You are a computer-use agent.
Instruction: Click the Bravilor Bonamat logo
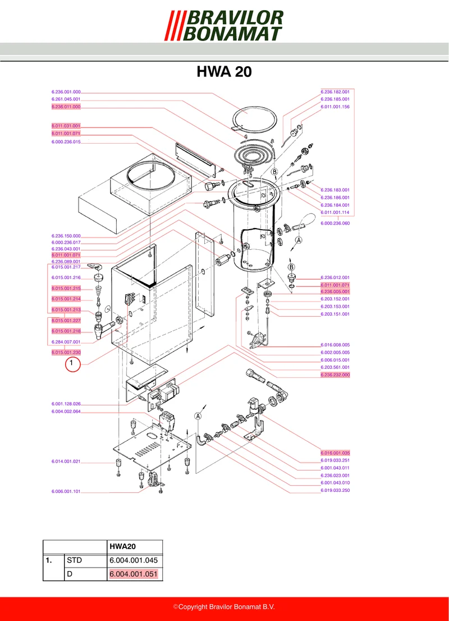[x=224, y=26]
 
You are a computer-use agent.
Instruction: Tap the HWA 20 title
[x=224, y=72]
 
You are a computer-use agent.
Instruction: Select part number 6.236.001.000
[x=66, y=92]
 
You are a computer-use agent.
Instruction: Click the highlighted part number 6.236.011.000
[x=66, y=107]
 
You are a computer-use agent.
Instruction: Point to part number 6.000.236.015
[x=66, y=142]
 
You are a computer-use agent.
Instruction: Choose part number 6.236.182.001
[x=335, y=92]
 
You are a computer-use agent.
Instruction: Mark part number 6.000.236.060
[x=335, y=223]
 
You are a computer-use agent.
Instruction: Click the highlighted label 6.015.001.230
[x=66, y=353]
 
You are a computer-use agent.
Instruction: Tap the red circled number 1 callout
[x=73, y=364]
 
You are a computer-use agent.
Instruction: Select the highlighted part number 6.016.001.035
[x=335, y=453]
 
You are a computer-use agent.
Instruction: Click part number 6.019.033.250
[x=335, y=490]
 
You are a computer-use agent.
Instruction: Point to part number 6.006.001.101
[x=66, y=491]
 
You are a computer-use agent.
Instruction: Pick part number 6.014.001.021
[x=66, y=462]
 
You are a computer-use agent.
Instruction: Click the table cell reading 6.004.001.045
[x=134, y=560]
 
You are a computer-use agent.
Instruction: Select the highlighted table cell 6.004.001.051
[x=134, y=574]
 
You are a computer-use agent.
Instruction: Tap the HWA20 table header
[x=123, y=546]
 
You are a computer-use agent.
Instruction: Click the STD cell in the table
[x=75, y=560]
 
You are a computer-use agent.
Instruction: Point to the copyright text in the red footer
[x=224, y=607]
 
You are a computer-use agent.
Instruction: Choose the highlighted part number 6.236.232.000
[x=335, y=375]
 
